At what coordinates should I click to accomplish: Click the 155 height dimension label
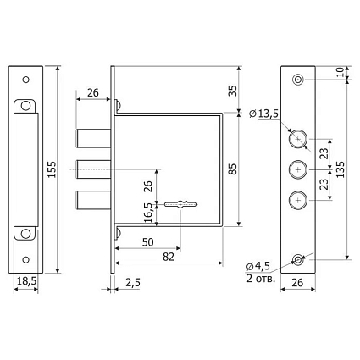tap(52, 169)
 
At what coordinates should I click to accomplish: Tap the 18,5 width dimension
tap(27, 281)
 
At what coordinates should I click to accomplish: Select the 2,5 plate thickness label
tap(132, 283)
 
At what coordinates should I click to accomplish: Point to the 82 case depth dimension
tap(169, 257)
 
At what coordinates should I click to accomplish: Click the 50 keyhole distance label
tap(148, 242)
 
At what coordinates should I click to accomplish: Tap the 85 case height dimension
tap(233, 169)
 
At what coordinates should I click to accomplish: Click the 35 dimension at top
tap(233, 91)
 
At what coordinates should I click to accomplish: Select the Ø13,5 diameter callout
tap(264, 114)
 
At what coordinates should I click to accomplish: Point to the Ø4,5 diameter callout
tap(258, 266)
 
